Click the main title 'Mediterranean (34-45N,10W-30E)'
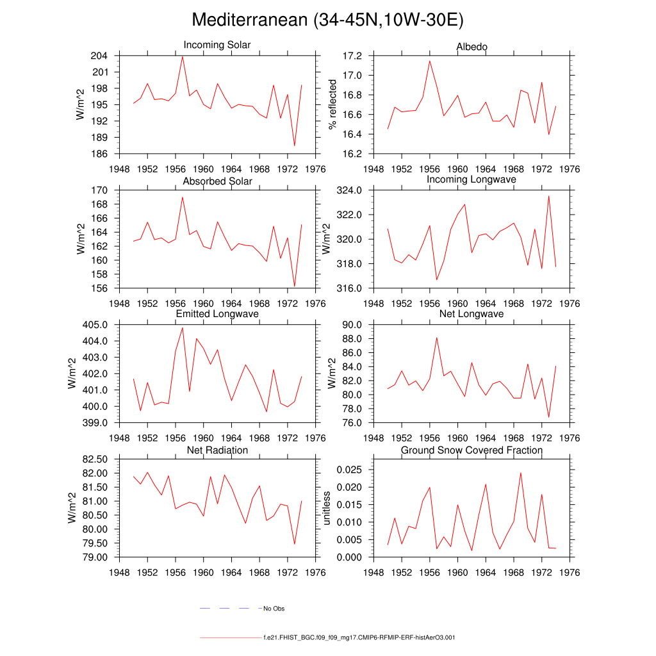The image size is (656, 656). pos(327,20)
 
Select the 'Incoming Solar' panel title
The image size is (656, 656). pos(217,45)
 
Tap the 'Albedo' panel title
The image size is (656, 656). pos(471,47)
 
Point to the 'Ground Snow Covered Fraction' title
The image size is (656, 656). pos(471,450)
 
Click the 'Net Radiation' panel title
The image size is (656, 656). pos(217,450)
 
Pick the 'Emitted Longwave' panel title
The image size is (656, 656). pos(217,314)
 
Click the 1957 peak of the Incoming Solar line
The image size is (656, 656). pos(183,56)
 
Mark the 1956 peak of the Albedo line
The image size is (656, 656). pos(430,61)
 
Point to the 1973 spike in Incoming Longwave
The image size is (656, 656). pos(549,196)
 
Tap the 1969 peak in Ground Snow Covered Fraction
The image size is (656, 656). pos(521,473)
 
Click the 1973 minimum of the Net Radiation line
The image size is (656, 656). pos(295,544)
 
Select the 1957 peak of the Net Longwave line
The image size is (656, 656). pos(436,338)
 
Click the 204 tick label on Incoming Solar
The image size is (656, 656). pos(99,56)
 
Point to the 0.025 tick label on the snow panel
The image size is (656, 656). pos(350,470)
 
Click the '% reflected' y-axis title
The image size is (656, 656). pos(332,104)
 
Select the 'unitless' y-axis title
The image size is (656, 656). pos(327,508)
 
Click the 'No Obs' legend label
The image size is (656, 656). pos(274,609)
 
